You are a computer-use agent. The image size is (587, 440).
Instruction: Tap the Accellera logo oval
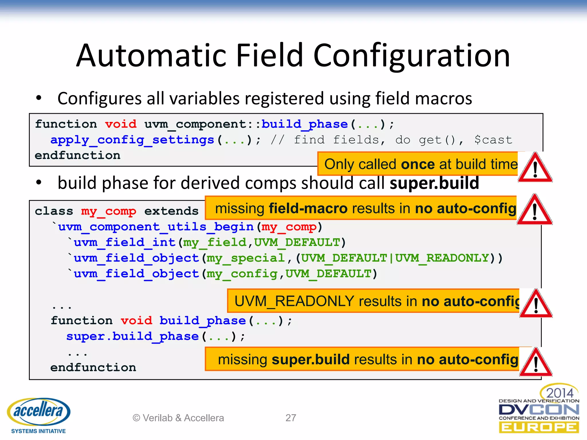tap(39, 411)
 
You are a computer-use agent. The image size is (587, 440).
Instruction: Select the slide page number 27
tap(291, 418)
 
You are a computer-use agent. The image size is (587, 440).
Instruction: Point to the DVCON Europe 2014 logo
tap(539, 410)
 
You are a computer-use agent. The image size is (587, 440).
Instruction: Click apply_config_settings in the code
tap(132, 140)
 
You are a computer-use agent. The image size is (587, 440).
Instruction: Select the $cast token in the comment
tap(493, 140)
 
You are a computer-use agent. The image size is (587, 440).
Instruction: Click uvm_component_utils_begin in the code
tap(156, 227)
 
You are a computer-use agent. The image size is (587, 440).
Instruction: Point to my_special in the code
tap(246, 258)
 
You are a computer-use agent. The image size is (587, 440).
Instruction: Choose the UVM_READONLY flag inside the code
tap(442, 258)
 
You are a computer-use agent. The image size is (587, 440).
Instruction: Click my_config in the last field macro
tap(242, 274)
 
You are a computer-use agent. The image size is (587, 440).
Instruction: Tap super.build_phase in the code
tap(132, 336)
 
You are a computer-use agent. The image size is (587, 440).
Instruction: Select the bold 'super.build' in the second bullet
tap(434, 183)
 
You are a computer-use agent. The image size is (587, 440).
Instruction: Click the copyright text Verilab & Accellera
tap(178, 418)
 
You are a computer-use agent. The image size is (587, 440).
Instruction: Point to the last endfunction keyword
tap(93, 368)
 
